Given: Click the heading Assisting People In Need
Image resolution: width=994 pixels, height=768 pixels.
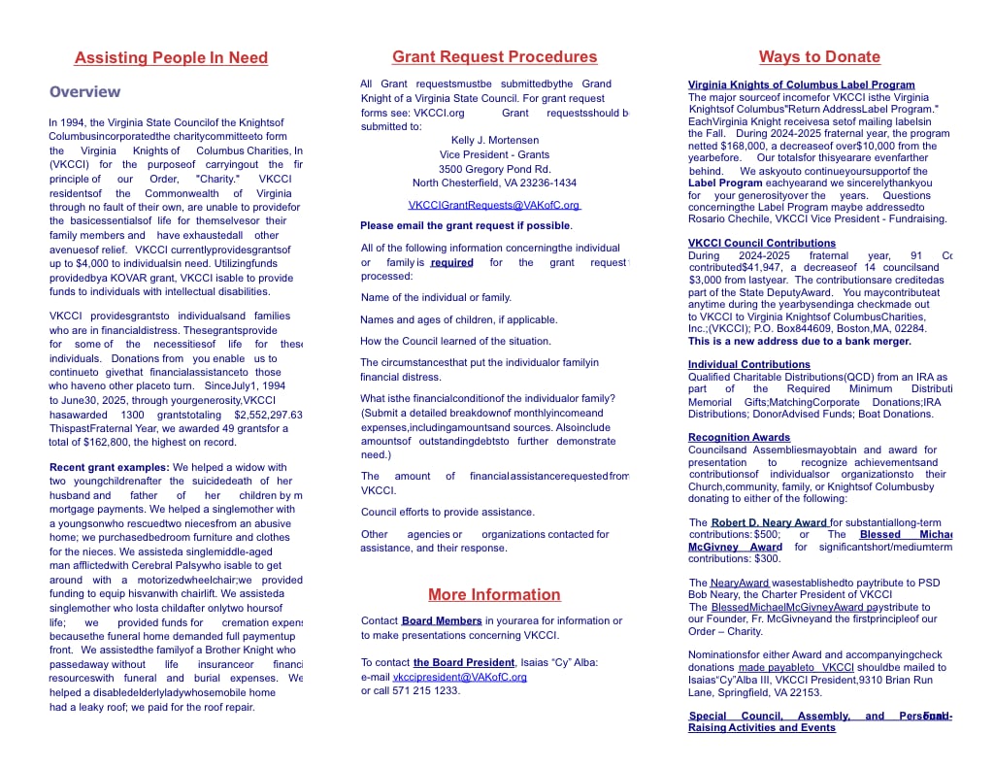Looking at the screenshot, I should click(x=171, y=58).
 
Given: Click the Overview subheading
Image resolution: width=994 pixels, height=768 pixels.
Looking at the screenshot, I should click(x=85, y=92).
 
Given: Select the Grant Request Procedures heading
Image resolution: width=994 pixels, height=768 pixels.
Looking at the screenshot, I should click(x=494, y=57).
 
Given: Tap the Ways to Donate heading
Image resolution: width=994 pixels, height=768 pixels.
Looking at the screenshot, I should click(x=819, y=57).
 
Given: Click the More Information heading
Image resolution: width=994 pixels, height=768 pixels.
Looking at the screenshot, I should click(x=494, y=595).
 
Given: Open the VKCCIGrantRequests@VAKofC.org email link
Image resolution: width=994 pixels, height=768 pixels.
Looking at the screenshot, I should click(x=494, y=205).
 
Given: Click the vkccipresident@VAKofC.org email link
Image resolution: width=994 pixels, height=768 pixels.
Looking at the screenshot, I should click(x=460, y=677).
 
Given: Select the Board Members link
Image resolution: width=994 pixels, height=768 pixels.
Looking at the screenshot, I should click(x=442, y=620).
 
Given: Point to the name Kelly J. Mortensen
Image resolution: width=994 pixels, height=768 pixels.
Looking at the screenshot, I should click(x=495, y=140).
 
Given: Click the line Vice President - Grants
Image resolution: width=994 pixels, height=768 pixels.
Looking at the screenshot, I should click(x=494, y=154).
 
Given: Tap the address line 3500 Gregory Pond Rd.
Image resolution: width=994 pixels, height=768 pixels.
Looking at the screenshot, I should click(x=494, y=169).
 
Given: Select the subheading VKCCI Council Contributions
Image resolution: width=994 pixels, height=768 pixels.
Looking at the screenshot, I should click(x=762, y=244).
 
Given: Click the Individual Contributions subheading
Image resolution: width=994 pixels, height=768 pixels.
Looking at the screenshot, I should click(x=749, y=365).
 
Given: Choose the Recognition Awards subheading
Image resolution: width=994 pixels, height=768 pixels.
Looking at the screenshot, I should click(x=740, y=438).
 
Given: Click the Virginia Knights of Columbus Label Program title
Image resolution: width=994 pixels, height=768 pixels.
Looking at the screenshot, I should click(x=801, y=85).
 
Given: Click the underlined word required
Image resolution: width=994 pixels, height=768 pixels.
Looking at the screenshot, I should click(x=451, y=263).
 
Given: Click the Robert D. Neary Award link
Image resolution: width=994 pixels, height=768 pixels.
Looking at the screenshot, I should click(x=769, y=522).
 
